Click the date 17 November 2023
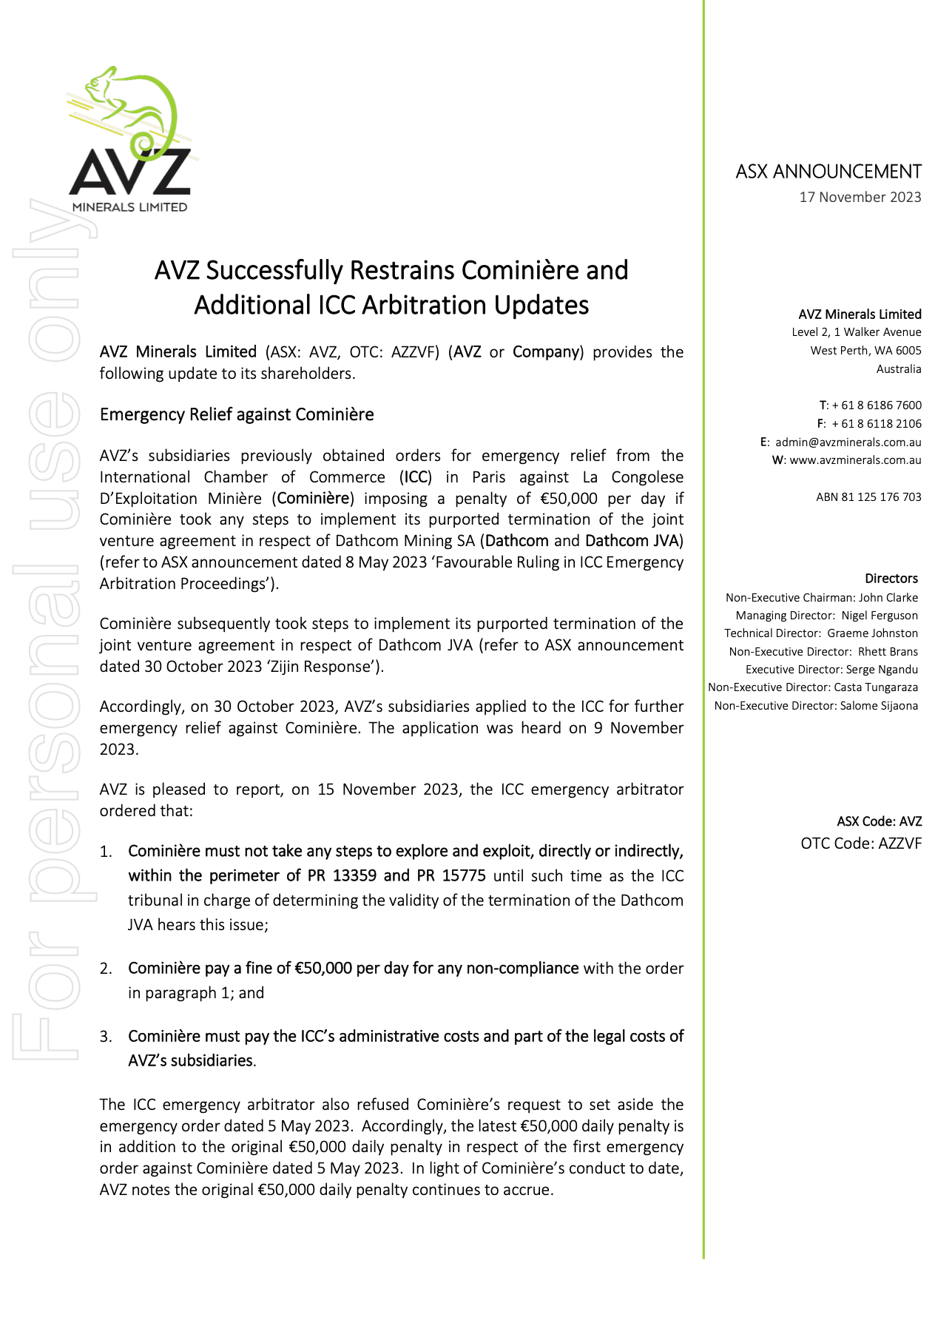[860, 198]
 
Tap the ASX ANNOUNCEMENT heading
[828, 172]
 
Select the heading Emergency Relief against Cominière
[237, 414]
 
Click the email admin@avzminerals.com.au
[848, 442]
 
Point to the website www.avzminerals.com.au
[855, 460]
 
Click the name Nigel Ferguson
[880, 616]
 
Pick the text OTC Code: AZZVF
[861, 844]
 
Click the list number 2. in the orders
[107, 969]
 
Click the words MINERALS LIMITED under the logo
[129, 207]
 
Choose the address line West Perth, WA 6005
[865, 351]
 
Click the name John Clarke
[888, 598]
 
